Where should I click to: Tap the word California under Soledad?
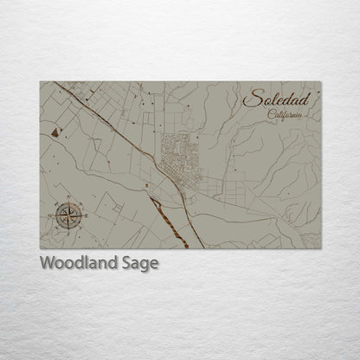tap(286, 115)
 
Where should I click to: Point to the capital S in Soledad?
tap(250, 100)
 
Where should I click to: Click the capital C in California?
tap(271, 115)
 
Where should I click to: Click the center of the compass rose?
tap(69, 214)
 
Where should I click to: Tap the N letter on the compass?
tap(69, 200)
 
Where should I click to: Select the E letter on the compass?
tap(84, 214)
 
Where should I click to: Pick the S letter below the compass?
tap(69, 228)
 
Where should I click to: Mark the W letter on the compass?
tap(55, 214)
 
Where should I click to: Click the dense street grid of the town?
tap(181, 156)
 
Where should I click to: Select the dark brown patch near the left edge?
tap(56, 132)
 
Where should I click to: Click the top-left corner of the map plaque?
tap(40, 81)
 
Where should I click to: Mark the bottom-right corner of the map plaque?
tap(321, 249)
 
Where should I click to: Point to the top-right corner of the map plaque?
tap(321, 81)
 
